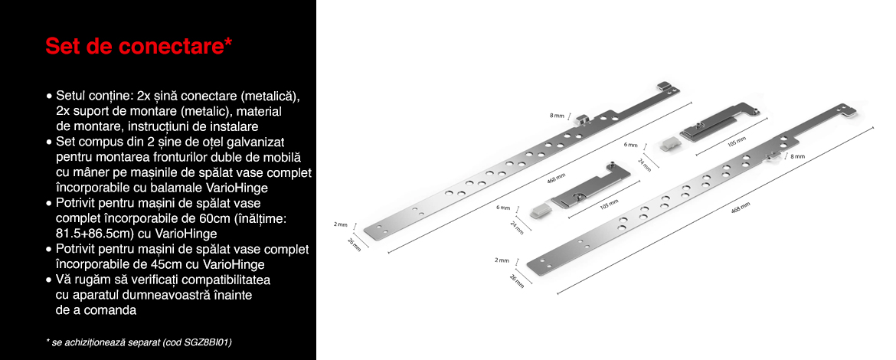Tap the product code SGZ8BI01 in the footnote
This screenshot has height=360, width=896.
(x=204, y=342)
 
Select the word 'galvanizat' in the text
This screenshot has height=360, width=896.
(x=256, y=141)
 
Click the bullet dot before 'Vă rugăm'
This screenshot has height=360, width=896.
(x=50, y=280)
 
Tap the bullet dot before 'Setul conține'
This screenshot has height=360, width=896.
(x=50, y=97)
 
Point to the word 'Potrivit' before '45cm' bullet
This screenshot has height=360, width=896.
(x=75, y=249)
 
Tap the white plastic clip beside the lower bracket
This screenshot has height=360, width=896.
(x=540, y=211)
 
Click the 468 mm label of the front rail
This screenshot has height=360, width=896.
(x=741, y=209)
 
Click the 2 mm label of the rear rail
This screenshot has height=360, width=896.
(x=341, y=224)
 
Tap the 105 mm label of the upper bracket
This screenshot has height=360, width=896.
(x=737, y=142)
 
